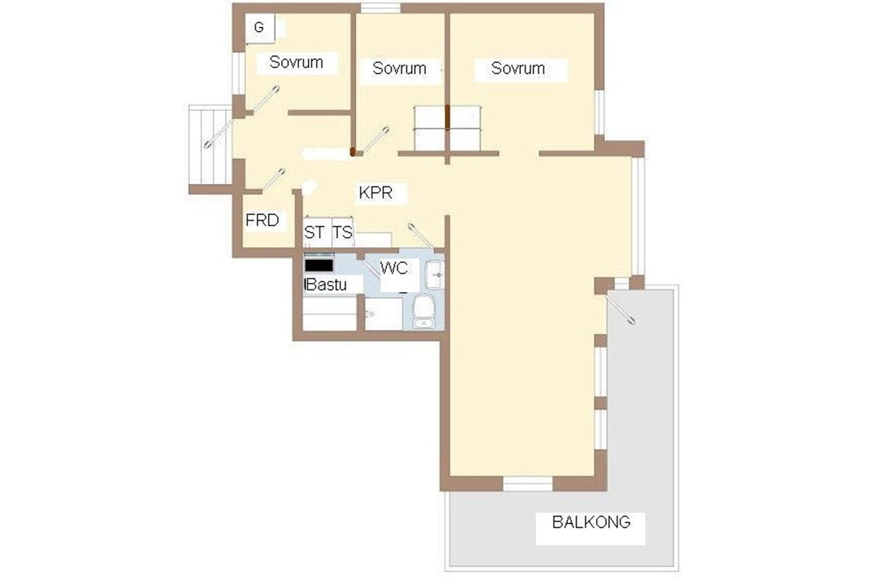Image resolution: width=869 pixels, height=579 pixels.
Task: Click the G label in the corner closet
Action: [258, 28]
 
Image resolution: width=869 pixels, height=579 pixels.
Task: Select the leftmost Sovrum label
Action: [296, 62]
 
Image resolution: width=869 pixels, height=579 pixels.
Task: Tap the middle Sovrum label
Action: [399, 68]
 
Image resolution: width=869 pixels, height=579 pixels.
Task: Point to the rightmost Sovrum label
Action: [518, 68]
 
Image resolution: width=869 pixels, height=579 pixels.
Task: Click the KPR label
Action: [376, 193]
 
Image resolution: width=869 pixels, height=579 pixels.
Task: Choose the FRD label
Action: [262, 220]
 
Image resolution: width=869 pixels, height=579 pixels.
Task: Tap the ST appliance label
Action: [314, 232]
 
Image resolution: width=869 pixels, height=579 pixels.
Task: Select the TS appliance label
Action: [342, 232]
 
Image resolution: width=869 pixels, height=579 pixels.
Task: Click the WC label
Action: [394, 268]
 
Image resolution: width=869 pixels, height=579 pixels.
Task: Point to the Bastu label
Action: [326, 284]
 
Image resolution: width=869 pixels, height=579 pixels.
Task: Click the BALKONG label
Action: [591, 522]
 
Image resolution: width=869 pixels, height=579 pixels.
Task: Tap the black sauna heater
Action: [319, 266]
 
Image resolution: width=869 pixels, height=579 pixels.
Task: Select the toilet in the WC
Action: [423, 312]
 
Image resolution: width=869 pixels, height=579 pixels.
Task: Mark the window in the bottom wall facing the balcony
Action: [528, 484]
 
